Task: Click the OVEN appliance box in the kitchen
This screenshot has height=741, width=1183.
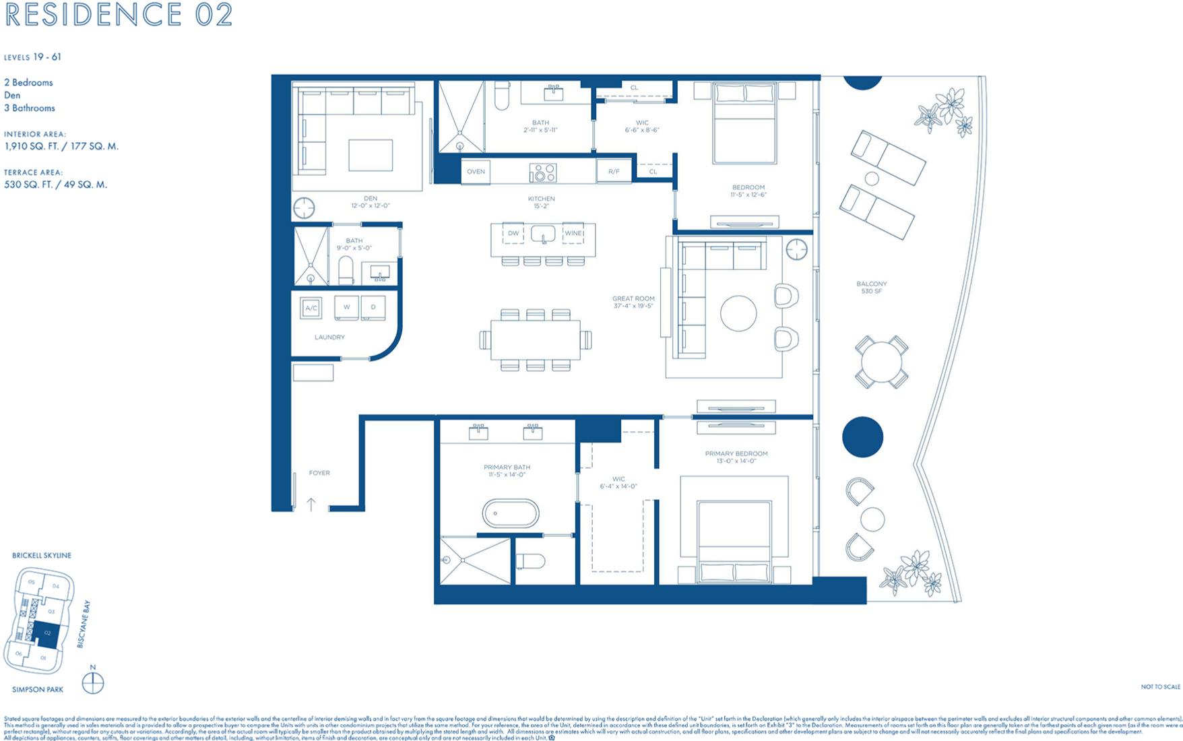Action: pos(476,172)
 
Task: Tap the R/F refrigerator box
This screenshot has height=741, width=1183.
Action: pos(614,172)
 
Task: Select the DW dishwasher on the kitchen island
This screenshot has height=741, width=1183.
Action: pos(513,234)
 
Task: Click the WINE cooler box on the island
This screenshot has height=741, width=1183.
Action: pos(573,234)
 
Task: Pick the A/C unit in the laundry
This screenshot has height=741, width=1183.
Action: pos(311,308)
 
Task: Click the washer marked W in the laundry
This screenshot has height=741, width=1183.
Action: pos(346,307)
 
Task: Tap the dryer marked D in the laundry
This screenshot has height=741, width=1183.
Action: pos(373,307)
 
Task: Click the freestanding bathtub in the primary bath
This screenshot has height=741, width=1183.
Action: pos(511,514)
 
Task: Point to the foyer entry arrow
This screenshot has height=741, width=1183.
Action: pos(311,504)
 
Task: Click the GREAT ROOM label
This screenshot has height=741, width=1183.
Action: pos(633,302)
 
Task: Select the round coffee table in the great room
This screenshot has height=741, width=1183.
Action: pos(738,313)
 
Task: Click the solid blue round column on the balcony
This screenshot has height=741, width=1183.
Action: pos(862,437)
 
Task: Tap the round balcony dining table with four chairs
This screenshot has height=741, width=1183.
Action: pos(881,362)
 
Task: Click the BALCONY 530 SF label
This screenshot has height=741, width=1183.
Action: pos(872,288)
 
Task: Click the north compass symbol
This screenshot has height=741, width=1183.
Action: pos(93,683)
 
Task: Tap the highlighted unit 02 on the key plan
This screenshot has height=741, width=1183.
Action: pos(47,635)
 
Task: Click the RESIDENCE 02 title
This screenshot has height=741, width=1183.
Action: pos(119,15)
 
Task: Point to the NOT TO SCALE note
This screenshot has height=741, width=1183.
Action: pos(1160,687)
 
